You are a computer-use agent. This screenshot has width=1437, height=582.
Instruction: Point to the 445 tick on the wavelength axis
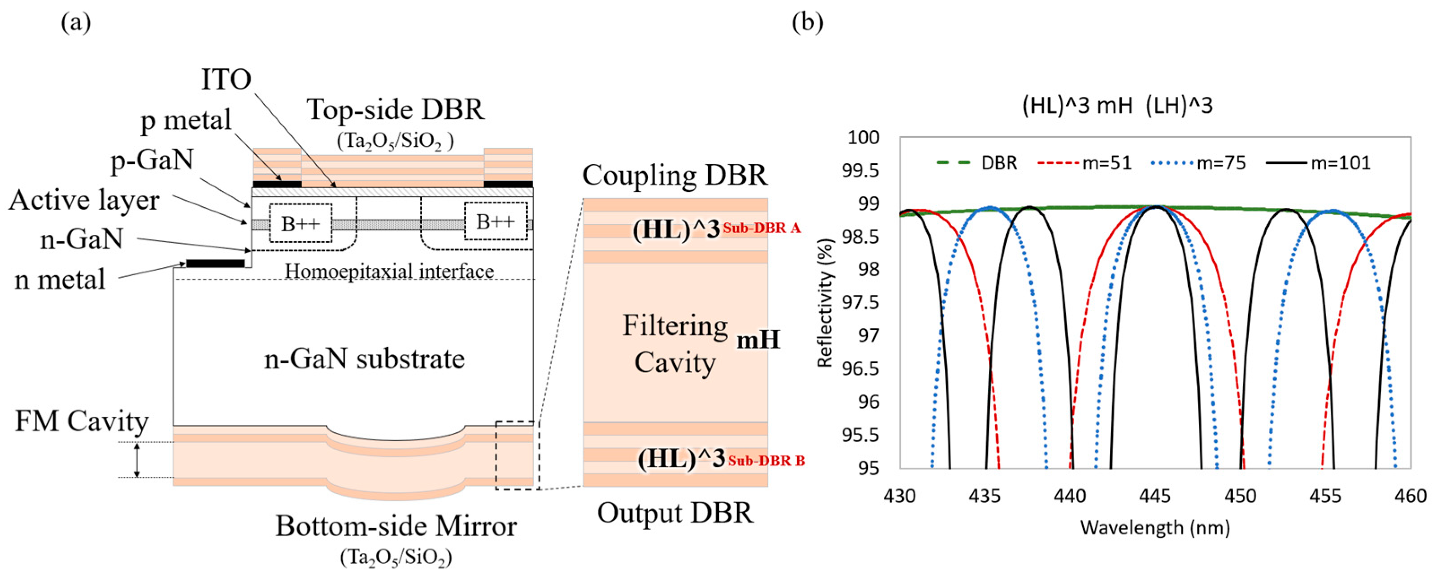1155,496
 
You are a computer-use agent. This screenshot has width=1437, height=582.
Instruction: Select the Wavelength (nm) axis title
1155,527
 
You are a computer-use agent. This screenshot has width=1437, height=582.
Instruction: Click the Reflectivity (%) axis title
824,303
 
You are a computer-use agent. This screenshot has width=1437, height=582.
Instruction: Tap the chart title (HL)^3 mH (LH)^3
1117,105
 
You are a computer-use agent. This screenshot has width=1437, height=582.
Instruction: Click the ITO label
226,80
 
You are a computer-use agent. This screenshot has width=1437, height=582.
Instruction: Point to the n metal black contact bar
215,263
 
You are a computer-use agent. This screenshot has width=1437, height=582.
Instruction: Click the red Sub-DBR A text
762,228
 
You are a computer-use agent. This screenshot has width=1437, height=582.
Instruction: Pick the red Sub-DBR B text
766,461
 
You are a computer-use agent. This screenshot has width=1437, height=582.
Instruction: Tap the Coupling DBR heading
675,175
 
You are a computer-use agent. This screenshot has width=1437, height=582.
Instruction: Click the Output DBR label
675,513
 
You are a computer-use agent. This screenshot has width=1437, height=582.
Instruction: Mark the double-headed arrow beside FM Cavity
137,460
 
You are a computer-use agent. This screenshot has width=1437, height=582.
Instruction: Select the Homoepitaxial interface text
389,272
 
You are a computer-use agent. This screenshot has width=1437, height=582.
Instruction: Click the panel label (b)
807,23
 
